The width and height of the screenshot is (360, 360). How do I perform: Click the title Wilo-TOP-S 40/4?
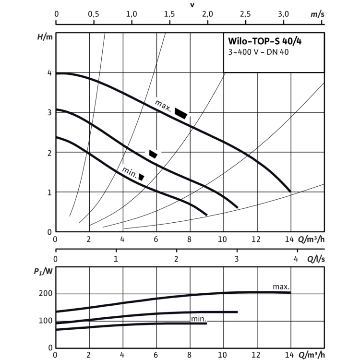[264, 41]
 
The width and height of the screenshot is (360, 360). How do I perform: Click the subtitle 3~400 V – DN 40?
[258, 52]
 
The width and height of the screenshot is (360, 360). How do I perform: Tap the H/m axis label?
[45, 37]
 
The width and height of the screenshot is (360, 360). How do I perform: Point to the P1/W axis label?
[43, 272]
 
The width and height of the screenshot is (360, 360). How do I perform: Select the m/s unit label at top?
[318, 14]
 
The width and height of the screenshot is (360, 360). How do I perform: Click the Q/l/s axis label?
[316, 259]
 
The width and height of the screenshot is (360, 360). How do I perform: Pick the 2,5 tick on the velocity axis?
[245, 14]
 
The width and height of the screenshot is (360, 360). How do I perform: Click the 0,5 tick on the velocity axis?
[94, 14]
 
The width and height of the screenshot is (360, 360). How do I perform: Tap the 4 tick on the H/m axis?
[49, 73]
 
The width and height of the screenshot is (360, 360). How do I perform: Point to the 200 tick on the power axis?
[46, 293]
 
